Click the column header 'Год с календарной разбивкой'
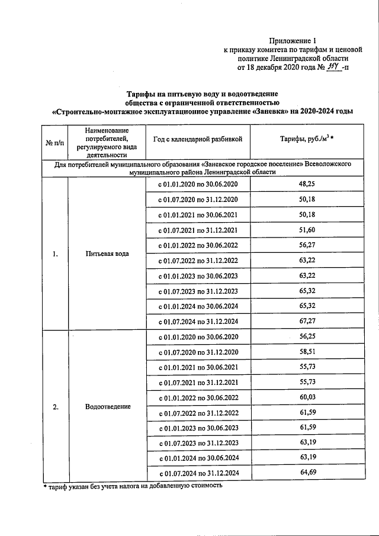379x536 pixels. click(x=198, y=140)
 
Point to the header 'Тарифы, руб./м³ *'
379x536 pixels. click(x=307, y=140)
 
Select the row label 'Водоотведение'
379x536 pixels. click(x=107, y=407)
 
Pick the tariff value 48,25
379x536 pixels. click(x=307, y=185)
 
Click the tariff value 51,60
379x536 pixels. click(x=307, y=230)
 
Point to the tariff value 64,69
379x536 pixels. click(x=307, y=473)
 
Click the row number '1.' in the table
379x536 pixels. click(x=54, y=254)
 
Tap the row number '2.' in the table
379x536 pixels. click(x=54, y=407)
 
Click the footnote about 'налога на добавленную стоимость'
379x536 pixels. click(x=133, y=486)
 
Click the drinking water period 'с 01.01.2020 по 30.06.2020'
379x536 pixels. click(x=198, y=185)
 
